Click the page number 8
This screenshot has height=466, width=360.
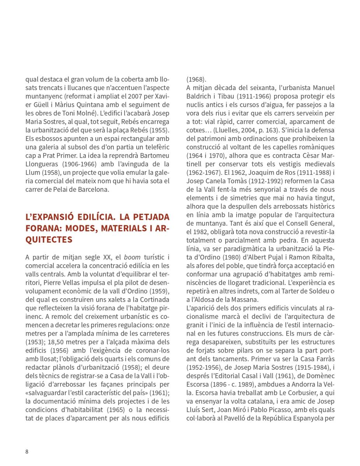click(27, 451)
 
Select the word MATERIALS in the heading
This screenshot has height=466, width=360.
click(115, 228)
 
